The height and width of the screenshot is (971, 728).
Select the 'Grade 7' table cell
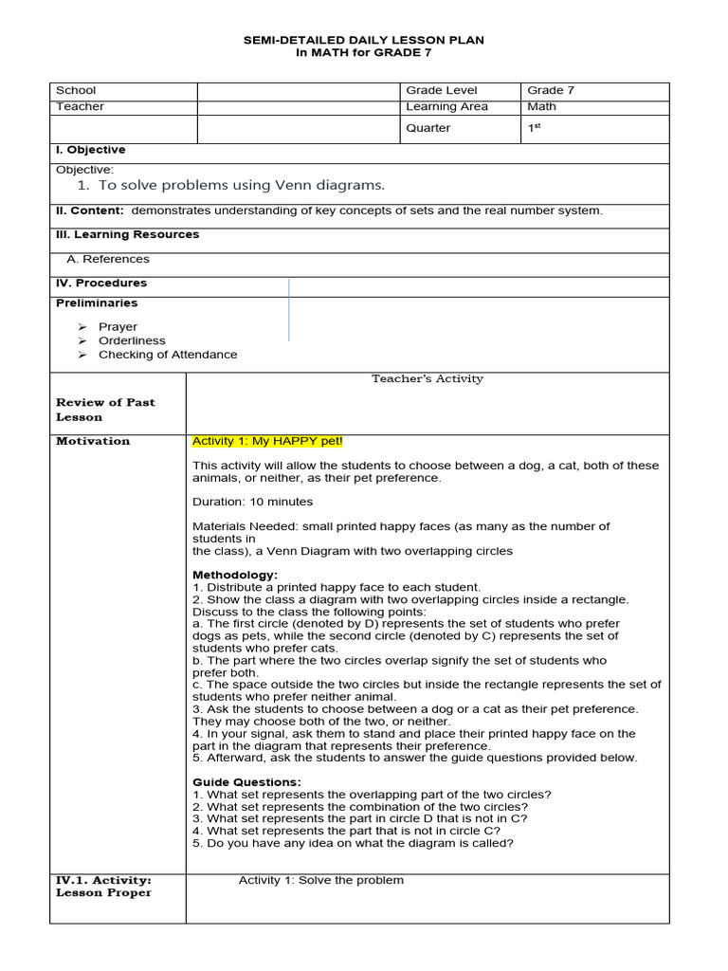point(551,91)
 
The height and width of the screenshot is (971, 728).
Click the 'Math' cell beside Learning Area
point(542,107)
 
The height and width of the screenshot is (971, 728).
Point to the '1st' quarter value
point(535,128)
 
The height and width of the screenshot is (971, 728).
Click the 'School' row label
point(76,91)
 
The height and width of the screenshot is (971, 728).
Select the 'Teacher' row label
point(80,107)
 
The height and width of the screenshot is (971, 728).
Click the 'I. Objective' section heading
point(90,150)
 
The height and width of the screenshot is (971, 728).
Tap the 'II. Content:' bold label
point(89,211)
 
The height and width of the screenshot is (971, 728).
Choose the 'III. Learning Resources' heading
point(127,234)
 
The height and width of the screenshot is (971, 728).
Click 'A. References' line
point(108,259)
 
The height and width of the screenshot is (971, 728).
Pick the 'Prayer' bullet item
point(118,326)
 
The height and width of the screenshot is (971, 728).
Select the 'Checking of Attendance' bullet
point(168,355)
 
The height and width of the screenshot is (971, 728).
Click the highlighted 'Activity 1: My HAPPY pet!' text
point(267,441)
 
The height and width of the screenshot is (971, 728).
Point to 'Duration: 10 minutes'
point(252,502)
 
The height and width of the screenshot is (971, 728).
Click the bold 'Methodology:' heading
point(235,575)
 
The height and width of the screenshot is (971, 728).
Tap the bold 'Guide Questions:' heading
point(246,782)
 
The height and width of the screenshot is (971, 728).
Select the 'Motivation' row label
point(93,441)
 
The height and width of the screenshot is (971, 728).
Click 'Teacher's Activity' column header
point(427,379)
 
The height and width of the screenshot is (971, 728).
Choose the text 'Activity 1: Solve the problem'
point(320,880)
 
